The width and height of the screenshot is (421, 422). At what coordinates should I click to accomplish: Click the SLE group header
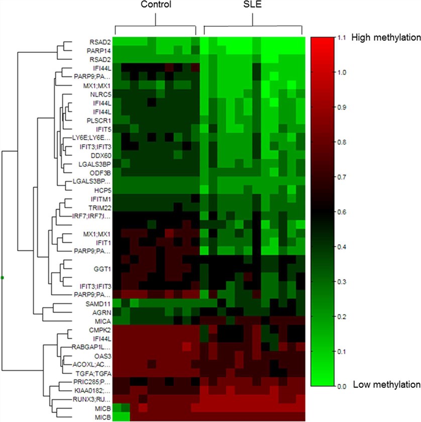tap(253, 5)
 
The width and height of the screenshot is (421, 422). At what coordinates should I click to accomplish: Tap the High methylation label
tap(385, 38)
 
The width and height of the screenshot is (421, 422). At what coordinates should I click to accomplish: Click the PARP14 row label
tap(98, 50)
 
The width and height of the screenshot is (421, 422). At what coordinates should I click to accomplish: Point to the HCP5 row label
tap(101, 190)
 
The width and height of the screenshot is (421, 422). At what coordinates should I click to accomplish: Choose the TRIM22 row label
tap(99, 207)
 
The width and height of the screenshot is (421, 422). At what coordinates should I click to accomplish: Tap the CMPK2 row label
tap(99, 330)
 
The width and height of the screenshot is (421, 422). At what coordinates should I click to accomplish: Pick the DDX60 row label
tap(99, 155)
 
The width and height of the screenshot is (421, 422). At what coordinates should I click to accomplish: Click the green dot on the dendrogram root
tap(3, 277)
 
